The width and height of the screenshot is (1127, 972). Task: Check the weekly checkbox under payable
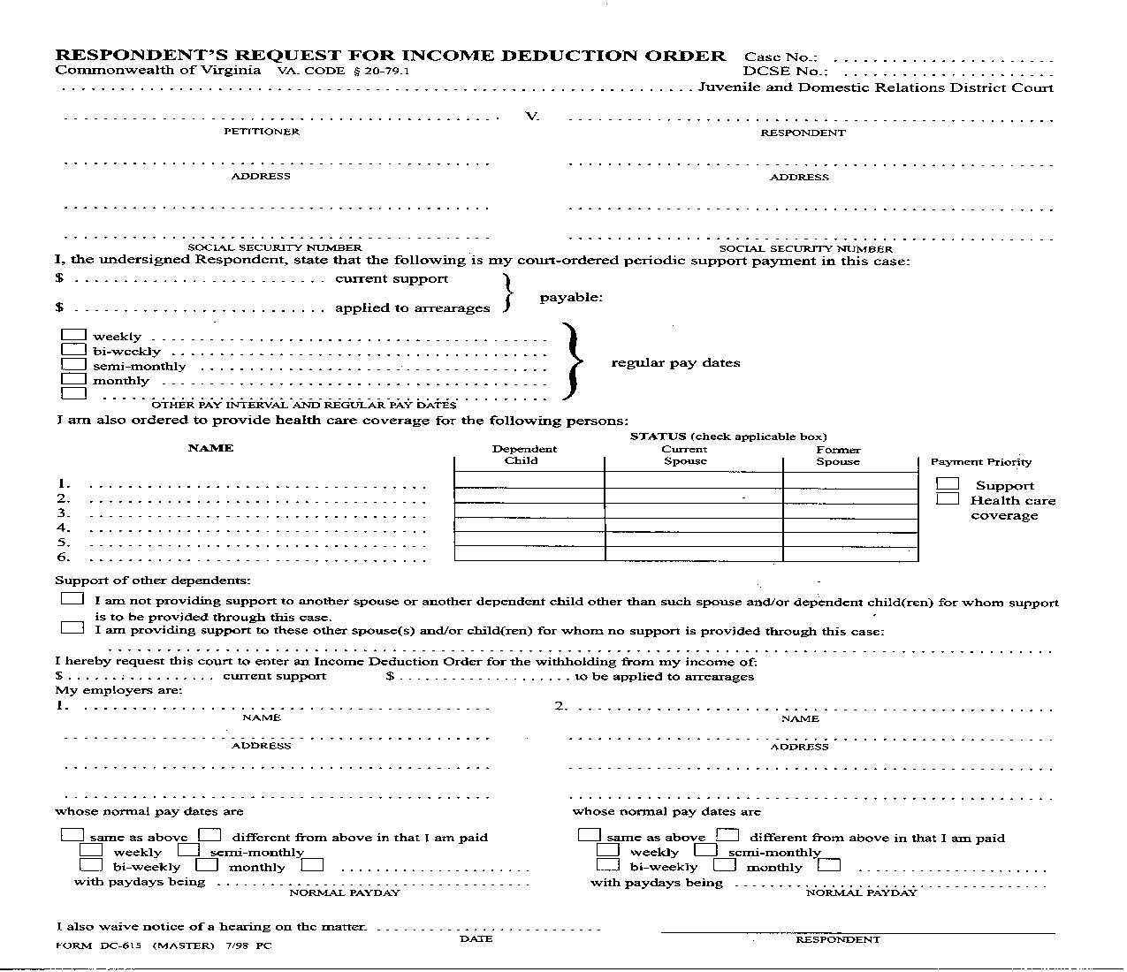pyautogui.click(x=74, y=336)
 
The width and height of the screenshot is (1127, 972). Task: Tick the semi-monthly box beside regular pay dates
pyautogui.click(x=74, y=365)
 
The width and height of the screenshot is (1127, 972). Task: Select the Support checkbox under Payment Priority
pyautogui.click(x=948, y=484)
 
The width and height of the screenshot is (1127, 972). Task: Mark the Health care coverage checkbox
pyautogui.click(x=948, y=499)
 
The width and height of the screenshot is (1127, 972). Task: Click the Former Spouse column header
pyautogui.click(x=837, y=455)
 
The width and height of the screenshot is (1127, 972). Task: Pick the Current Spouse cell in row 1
pyautogui.click(x=693, y=481)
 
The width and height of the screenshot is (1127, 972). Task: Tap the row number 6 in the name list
pyautogui.click(x=63, y=557)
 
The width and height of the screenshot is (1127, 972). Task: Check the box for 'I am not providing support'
pyautogui.click(x=72, y=599)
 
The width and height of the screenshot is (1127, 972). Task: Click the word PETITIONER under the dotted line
pyautogui.click(x=261, y=132)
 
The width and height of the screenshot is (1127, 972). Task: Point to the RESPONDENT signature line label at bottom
pyautogui.click(x=837, y=939)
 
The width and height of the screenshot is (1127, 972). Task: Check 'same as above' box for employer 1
pyautogui.click(x=72, y=834)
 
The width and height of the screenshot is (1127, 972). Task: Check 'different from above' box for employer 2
pyautogui.click(x=727, y=834)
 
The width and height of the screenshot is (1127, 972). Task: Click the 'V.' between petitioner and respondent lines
pyautogui.click(x=532, y=116)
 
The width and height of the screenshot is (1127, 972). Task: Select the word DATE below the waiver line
pyautogui.click(x=476, y=938)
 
